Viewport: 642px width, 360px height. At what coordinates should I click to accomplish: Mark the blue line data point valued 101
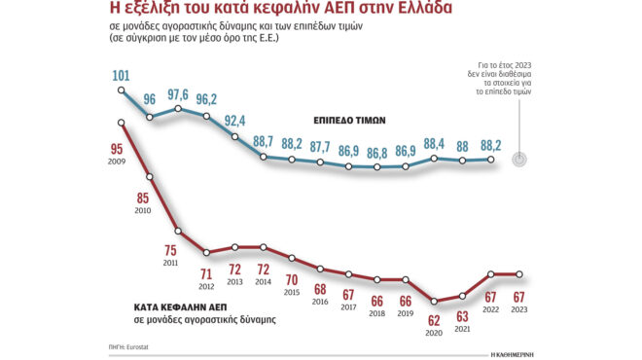coord(121,90)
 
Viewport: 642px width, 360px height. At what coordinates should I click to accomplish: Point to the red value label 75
coord(170,250)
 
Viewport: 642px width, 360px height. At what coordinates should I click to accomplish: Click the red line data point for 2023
coord(520,274)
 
